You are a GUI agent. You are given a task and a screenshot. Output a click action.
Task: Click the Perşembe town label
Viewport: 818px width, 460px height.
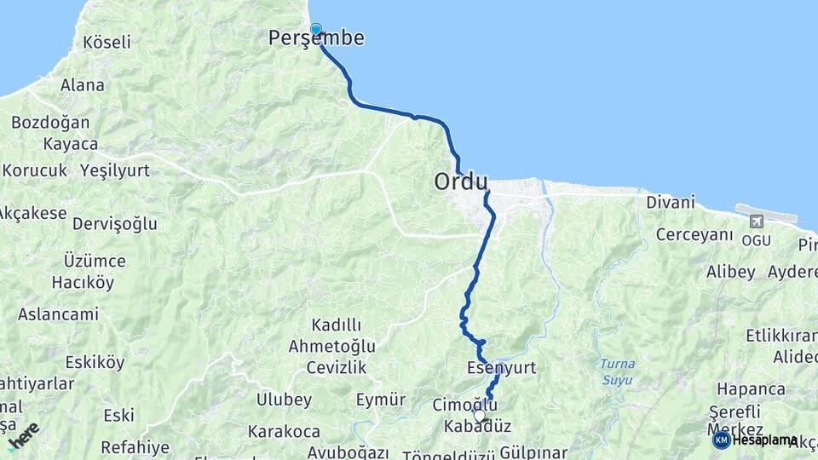click(316, 38)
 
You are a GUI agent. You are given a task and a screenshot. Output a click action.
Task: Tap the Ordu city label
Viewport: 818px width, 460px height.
click(461, 181)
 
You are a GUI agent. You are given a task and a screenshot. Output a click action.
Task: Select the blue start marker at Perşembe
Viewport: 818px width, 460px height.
click(316, 29)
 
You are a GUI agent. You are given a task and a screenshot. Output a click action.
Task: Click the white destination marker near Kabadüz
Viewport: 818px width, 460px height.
click(480, 416)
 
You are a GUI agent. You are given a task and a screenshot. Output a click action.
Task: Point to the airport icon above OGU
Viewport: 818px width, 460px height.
click(755, 221)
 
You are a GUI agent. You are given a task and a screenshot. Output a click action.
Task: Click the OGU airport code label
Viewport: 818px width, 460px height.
click(756, 240)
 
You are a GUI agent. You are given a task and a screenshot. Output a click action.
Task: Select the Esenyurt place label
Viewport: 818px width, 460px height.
click(501, 368)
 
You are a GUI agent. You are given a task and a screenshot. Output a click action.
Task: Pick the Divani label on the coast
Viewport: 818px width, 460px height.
click(671, 203)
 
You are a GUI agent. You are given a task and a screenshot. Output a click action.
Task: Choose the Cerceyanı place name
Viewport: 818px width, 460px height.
click(694, 234)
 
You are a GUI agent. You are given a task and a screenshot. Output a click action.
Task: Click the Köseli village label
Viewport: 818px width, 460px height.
click(107, 42)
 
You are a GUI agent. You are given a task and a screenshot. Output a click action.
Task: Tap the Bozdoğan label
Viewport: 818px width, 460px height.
click(50, 122)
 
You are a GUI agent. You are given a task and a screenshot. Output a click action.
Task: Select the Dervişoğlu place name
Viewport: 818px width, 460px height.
click(115, 224)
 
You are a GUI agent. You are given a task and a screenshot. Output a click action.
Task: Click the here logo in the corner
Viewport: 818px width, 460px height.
click(23, 434)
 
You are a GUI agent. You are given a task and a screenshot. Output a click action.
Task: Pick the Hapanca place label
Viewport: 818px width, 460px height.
click(751, 388)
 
